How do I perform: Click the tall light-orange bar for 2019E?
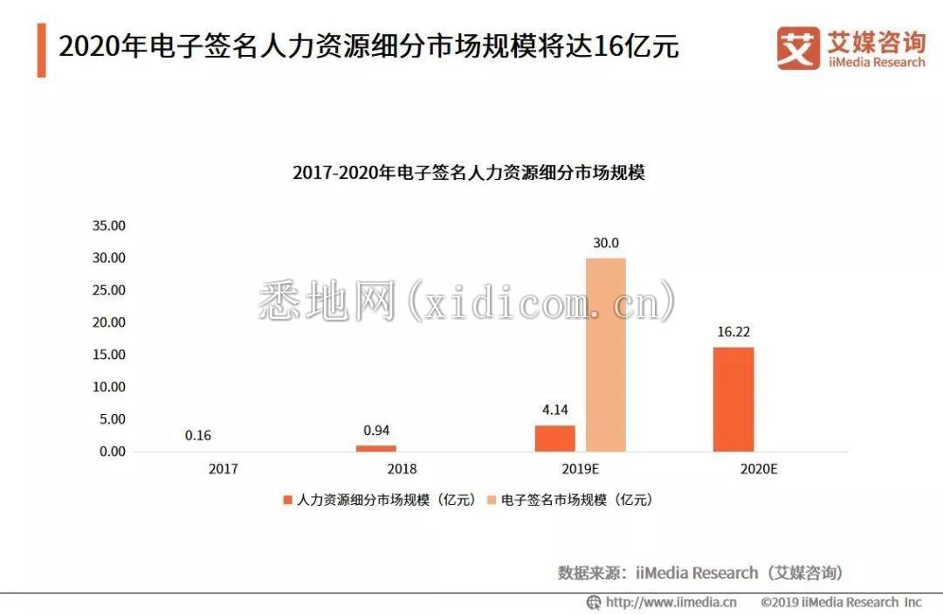(x=605, y=355)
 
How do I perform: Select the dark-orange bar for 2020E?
(x=733, y=399)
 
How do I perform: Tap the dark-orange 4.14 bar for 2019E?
(x=555, y=438)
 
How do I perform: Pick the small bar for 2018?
(x=375, y=448)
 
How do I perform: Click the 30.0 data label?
(x=605, y=244)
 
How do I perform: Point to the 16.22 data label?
(x=733, y=332)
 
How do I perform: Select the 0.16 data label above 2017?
(x=198, y=436)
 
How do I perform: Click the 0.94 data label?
(x=376, y=430)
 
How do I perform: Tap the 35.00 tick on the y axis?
(x=109, y=225)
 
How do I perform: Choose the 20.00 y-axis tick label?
(x=109, y=322)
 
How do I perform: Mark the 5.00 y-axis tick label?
(x=112, y=419)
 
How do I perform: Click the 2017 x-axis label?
(x=223, y=469)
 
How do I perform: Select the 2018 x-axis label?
(x=402, y=469)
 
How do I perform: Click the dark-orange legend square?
(x=286, y=500)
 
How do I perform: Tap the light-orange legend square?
(x=491, y=500)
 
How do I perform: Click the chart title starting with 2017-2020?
(x=469, y=172)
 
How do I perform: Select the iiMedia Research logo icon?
(x=797, y=47)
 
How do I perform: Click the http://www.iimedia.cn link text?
(x=671, y=602)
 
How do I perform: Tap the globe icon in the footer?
(x=594, y=602)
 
